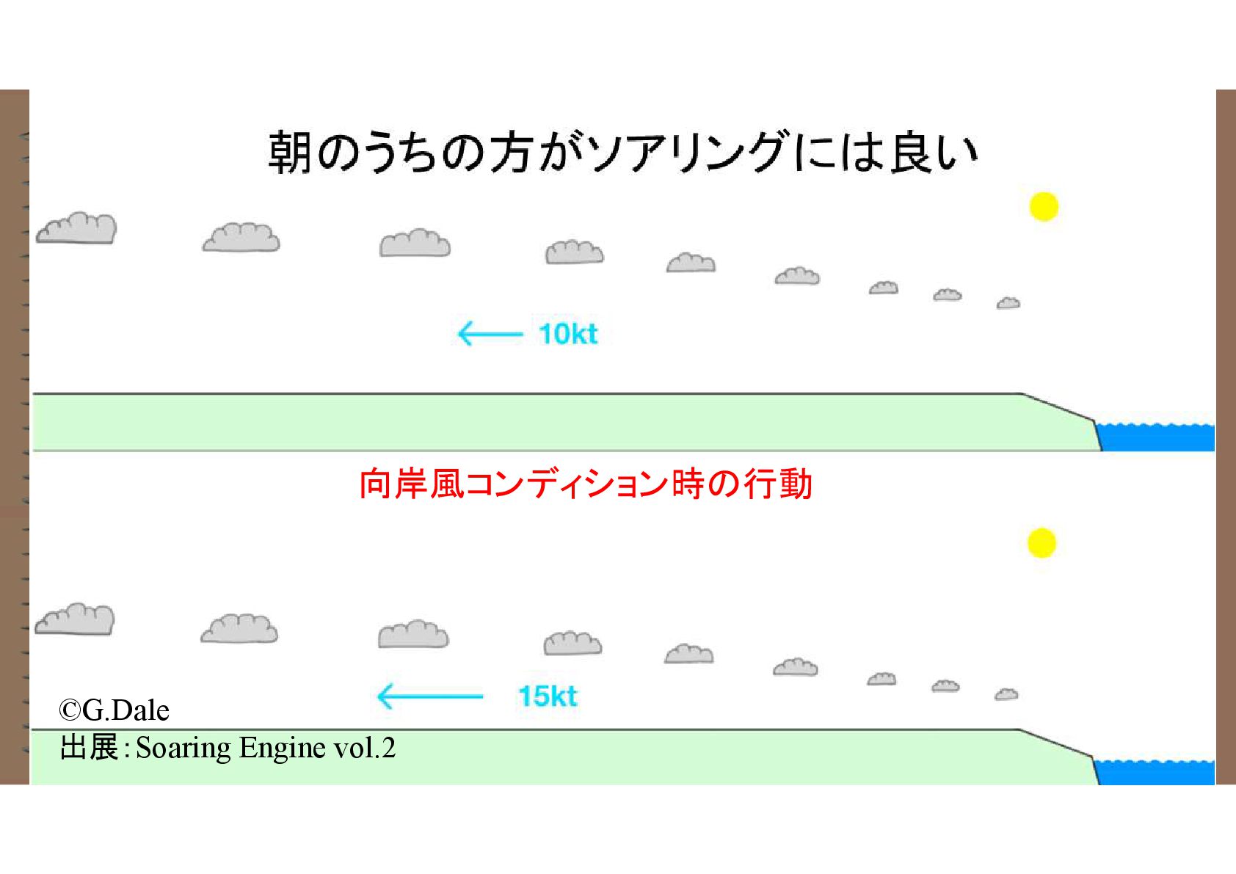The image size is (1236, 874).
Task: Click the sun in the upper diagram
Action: (1043, 206)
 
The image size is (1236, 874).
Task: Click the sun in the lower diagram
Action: (1041, 543)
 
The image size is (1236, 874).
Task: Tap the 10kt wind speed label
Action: (567, 334)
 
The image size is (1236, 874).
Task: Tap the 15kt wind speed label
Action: (548, 696)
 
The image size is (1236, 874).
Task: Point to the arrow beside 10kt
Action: (490, 335)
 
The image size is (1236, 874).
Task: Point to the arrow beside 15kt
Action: (429, 696)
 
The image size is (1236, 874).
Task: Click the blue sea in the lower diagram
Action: (1155, 773)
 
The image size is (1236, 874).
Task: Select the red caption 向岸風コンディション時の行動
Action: (585, 484)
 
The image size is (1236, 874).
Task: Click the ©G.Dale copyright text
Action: (114, 710)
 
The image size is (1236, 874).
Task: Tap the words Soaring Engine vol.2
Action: (266, 748)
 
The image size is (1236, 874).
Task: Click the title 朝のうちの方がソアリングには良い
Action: (622, 153)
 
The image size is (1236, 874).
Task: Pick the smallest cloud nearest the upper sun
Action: (1008, 303)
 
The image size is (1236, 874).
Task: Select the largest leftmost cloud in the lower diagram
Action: (75, 619)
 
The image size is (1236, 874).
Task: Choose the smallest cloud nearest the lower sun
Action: (1006, 694)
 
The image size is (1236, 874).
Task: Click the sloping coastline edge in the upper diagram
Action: (1058, 407)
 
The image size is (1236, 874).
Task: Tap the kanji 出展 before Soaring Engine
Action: (89, 748)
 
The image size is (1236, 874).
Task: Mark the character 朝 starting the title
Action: (291, 153)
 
